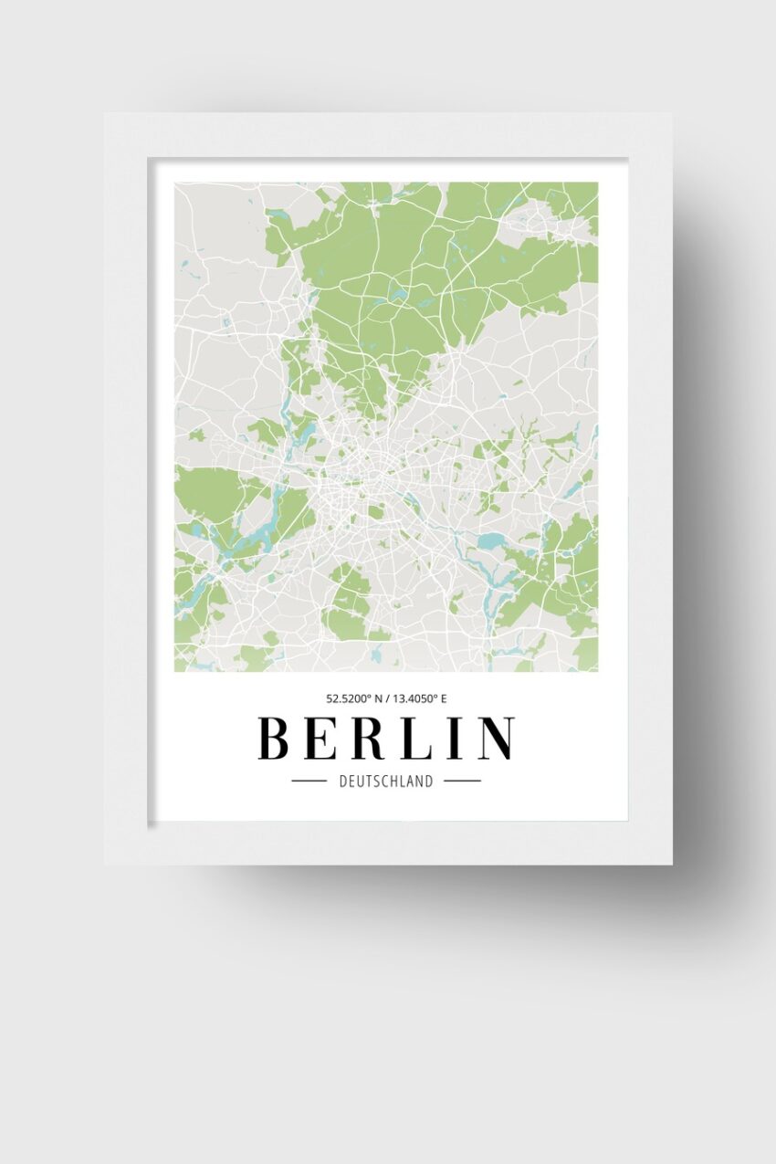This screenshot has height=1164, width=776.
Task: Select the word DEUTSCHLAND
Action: pyautogui.click(x=386, y=781)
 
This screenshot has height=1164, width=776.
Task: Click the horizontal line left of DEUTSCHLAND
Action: pyautogui.click(x=309, y=781)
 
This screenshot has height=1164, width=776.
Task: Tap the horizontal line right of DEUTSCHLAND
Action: pyautogui.click(x=462, y=781)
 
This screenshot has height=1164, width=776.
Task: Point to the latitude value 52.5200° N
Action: pyautogui.click(x=351, y=699)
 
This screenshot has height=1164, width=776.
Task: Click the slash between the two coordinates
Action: pyautogui.click(x=387, y=699)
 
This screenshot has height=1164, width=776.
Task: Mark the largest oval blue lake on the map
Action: pyautogui.click(x=490, y=540)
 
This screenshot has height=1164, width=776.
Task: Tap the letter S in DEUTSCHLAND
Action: pyautogui.click(x=378, y=781)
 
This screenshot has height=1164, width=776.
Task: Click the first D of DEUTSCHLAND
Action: pyautogui.click(x=343, y=781)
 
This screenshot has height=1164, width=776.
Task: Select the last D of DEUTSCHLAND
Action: pyautogui.click(x=429, y=781)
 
